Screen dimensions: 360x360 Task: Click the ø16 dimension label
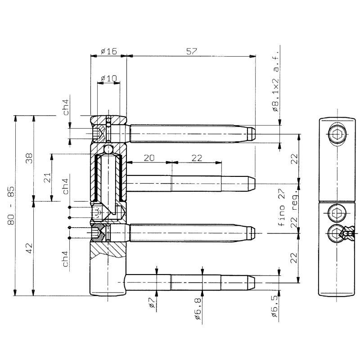(x=109, y=51)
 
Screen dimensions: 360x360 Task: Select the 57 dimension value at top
(x=192, y=51)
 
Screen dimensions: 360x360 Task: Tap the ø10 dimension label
(x=109, y=78)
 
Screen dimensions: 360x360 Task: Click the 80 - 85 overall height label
(x=11, y=205)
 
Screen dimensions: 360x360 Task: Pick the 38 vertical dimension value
(x=29, y=158)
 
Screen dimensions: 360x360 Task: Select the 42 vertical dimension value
(x=29, y=248)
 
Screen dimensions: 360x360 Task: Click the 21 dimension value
(x=47, y=177)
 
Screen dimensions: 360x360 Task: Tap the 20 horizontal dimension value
(x=149, y=158)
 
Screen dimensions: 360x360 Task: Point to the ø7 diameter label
(x=152, y=302)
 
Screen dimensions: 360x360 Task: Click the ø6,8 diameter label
(x=198, y=308)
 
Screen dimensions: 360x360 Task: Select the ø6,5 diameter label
(x=275, y=306)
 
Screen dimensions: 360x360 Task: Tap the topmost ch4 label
(x=66, y=107)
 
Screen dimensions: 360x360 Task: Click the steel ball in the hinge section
(x=108, y=149)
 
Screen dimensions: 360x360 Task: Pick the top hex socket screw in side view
(x=337, y=134)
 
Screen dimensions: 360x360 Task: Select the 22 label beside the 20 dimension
(x=197, y=158)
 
